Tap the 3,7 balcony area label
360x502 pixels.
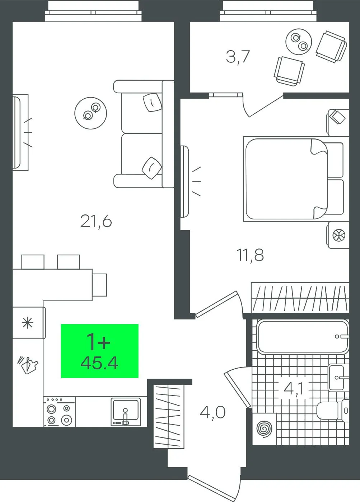click(x=238, y=57)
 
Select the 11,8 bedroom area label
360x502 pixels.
click(x=250, y=255)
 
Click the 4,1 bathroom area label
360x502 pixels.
click(x=293, y=388)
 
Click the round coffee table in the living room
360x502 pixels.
click(x=90, y=113)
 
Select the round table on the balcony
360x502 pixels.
click(x=299, y=42)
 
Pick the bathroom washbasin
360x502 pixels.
click(x=338, y=378)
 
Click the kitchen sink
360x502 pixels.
click(x=126, y=412)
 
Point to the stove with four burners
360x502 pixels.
click(x=60, y=412)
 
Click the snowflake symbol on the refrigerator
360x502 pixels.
click(x=28, y=323)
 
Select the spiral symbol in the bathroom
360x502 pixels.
click(x=265, y=429)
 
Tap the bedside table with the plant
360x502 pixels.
click(x=338, y=235)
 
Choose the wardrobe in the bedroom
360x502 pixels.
click(x=300, y=298)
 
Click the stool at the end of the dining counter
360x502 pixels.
click(x=99, y=285)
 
